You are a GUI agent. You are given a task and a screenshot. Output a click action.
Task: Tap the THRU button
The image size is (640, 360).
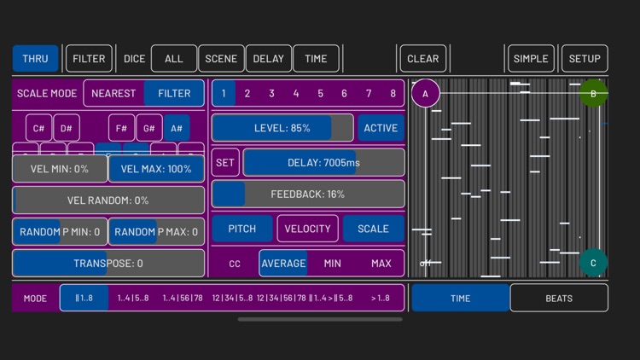35,59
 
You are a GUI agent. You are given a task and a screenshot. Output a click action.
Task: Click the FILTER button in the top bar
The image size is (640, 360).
89,59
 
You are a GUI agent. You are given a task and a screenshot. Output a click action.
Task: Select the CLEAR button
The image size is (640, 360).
422,59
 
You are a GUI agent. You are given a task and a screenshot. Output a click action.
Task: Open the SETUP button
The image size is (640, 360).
585,59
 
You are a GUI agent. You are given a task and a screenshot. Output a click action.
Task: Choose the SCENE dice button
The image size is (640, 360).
221,59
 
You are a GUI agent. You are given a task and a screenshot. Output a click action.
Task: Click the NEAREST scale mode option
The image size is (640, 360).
113,93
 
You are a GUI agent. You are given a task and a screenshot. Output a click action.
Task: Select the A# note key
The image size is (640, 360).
177,128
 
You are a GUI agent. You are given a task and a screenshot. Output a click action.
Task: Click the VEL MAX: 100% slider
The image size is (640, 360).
156,169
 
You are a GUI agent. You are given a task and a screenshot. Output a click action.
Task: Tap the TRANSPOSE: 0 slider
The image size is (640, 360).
108,264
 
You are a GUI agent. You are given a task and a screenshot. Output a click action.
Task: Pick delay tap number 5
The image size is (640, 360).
320,93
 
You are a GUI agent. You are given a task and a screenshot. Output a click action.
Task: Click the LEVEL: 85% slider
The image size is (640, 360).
282,128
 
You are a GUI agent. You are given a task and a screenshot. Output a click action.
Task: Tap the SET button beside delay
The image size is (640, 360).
225,162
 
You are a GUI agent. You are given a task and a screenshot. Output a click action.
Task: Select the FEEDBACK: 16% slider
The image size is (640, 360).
308,194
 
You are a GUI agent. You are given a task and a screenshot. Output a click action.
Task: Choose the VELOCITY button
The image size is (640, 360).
307,229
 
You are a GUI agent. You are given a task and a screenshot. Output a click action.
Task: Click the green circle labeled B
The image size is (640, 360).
593,93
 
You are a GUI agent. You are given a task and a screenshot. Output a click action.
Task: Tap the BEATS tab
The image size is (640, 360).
559,299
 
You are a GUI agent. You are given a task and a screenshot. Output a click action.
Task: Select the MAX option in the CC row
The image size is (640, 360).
381,264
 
